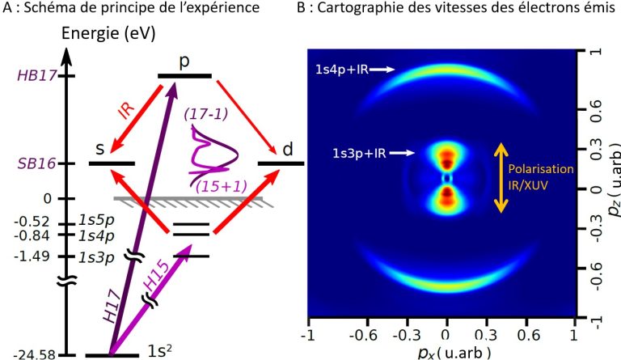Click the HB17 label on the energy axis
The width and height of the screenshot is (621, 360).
pos(30,77)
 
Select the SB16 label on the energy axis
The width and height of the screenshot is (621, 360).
pos(30,163)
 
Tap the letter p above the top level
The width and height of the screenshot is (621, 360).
pos(184,63)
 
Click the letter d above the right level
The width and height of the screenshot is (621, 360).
pos(289,149)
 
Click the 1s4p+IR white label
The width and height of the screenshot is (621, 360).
pos(343,71)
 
